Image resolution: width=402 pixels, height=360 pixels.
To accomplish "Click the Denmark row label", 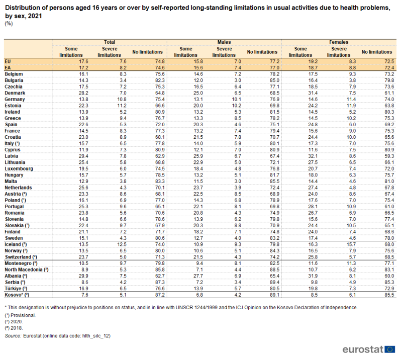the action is (15, 93).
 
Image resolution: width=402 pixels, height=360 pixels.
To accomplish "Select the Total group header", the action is (110, 42).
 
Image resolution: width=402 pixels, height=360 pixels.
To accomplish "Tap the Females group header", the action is (339, 42).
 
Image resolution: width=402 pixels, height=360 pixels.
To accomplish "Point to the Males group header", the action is (224, 42).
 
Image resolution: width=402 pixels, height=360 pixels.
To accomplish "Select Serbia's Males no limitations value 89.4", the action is (274, 282).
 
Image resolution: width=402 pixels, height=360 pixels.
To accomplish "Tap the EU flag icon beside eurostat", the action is (390, 349).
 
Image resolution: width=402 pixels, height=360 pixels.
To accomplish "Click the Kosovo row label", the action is (17, 295).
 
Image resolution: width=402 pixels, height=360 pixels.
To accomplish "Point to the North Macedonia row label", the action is (27, 269).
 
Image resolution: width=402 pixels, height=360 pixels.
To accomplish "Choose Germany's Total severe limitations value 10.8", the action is (122, 99).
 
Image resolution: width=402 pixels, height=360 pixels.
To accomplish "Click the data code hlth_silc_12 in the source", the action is (95, 336).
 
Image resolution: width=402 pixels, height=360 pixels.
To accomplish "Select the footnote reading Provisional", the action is (20, 315).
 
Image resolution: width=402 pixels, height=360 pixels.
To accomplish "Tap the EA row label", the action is (8, 68).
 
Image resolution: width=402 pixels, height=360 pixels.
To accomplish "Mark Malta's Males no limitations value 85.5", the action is (274, 182).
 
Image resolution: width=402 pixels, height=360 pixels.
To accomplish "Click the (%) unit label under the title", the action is (9, 24).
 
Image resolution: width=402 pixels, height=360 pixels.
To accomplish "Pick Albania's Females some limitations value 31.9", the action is (313, 276).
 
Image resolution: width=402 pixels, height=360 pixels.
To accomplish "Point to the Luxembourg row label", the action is (19, 168).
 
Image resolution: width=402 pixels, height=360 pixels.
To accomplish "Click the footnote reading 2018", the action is (14, 328).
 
